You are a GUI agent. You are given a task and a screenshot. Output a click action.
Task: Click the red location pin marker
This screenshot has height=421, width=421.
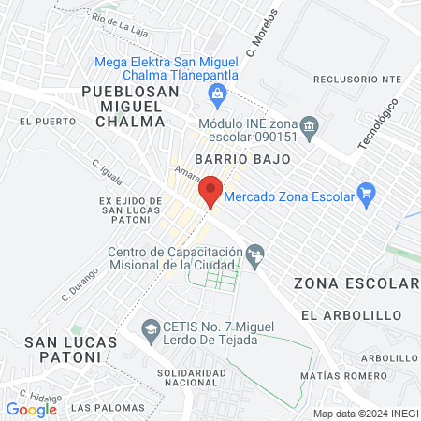tap(211, 191)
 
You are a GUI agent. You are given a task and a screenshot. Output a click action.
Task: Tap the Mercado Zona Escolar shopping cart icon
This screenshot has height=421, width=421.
tap(367, 196)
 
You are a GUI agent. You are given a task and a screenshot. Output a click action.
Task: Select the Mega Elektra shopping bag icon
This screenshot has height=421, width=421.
tap(217, 93)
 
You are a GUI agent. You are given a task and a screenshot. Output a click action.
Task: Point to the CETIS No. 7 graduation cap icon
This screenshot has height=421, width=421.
tap(149, 328)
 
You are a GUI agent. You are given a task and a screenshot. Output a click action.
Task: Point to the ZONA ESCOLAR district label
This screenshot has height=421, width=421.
tap(356, 283)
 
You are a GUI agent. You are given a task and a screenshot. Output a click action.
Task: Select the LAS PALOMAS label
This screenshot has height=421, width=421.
tap(98, 408)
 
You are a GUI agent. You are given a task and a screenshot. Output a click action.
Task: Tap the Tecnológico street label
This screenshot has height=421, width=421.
tap(378, 124)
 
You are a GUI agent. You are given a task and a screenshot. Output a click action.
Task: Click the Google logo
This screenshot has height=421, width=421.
tap(31, 409)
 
